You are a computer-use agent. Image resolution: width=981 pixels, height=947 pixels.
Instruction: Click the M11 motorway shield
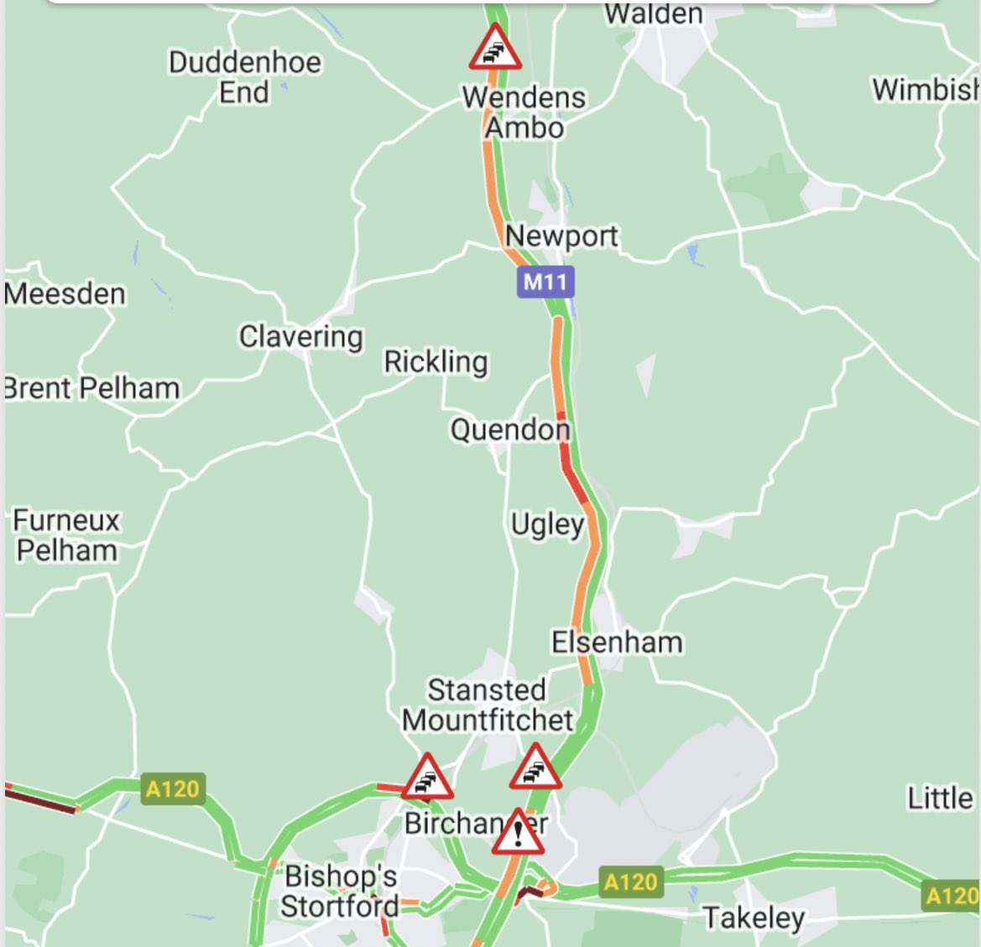[545, 282]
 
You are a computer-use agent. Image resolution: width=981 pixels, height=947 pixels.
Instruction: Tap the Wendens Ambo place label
[524, 112]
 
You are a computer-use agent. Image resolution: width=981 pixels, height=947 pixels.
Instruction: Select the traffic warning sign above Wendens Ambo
[495, 49]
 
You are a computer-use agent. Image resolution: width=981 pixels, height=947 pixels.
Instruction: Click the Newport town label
[561, 237]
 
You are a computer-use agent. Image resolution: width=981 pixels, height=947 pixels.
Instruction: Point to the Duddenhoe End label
[244, 77]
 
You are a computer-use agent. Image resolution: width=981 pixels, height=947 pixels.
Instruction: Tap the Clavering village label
[300, 337]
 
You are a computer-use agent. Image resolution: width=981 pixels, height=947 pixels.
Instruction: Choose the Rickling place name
[436, 362]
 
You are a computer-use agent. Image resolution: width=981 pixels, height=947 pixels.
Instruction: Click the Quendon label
[509, 430]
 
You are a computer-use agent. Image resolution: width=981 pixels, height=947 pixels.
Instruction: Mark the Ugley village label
[547, 524]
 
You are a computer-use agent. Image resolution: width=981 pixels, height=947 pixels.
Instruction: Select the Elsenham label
[617, 643]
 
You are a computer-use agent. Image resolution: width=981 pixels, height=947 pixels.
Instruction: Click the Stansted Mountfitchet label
[488, 705]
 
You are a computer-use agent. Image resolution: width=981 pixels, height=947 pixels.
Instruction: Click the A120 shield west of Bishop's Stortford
[172, 789]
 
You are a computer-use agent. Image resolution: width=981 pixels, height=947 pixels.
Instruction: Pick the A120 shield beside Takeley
[630, 882]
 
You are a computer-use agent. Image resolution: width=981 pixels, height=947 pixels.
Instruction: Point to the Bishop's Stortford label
[340, 891]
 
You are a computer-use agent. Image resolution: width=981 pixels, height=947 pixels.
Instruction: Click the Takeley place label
[753, 918]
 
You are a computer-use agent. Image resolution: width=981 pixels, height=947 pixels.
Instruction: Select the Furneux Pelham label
[66, 535]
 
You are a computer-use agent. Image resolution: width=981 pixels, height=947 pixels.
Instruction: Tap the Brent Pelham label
[91, 388]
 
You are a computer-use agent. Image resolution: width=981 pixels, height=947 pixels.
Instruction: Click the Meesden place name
[65, 294]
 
